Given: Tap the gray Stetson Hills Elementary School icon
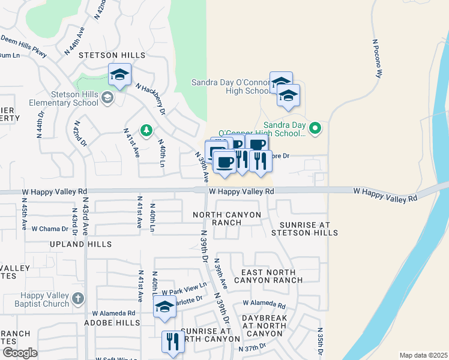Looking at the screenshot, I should (107, 97).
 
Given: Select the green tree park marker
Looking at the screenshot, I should (145, 130).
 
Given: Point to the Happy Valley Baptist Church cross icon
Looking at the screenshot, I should (77, 298).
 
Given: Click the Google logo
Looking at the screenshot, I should (20, 353).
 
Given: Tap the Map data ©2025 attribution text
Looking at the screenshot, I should (423, 355).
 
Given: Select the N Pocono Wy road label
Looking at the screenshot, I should (378, 60).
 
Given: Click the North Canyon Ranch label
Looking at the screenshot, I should (227, 218).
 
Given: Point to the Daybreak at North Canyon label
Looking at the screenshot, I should (265, 325).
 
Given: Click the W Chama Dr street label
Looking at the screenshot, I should (49, 229).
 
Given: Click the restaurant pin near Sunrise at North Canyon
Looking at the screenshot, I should (172, 342).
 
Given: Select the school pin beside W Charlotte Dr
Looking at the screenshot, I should (164, 307).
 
